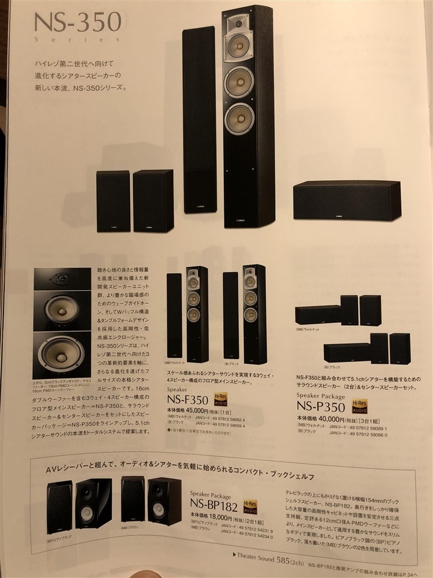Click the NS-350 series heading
[x=78, y=23]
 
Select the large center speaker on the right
[x=347, y=200]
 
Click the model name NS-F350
[x=188, y=400]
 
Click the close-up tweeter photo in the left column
[x=61, y=278]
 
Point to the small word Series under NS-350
[x=77, y=40]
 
